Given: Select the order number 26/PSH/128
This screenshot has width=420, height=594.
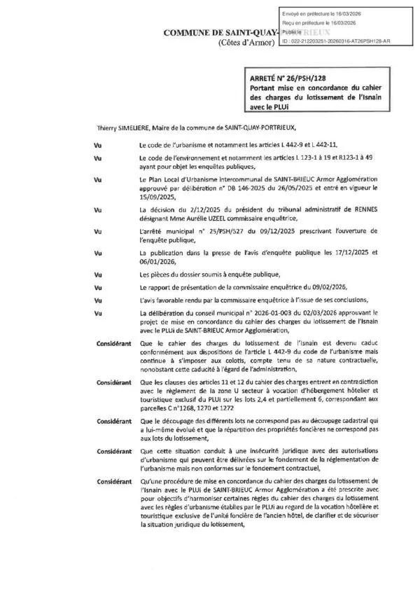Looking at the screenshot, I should [302, 81].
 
